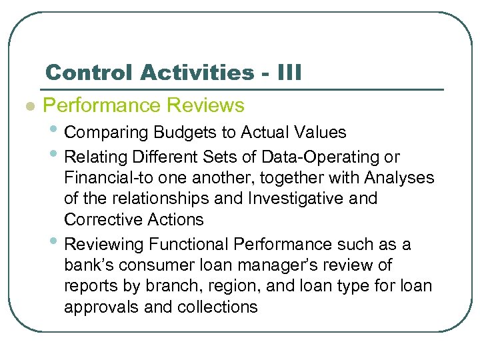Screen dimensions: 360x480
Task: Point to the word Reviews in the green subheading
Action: point(206,105)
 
